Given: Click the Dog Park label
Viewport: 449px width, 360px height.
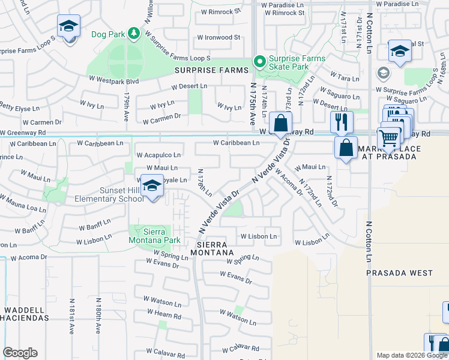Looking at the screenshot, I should (x=108, y=34).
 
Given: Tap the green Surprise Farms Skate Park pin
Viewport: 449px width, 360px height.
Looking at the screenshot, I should (x=259, y=61).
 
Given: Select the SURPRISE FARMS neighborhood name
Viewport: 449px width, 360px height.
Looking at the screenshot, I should (x=211, y=70).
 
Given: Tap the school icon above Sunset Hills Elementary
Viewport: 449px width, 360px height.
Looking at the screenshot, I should (x=152, y=187).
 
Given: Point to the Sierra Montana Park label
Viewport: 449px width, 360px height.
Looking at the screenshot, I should (x=154, y=236).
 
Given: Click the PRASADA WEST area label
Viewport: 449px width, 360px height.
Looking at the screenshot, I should (x=399, y=273).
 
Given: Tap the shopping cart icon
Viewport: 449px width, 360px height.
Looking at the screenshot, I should (x=389, y=139).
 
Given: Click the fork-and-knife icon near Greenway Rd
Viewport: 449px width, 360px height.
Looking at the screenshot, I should (x=341, y=121).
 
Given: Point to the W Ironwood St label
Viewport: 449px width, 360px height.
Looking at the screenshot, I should (x=218, y=37).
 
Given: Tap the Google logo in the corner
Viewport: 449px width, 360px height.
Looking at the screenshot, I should (x=20, y=353).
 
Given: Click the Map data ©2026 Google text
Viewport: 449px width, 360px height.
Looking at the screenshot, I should (x=412, y=355).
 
